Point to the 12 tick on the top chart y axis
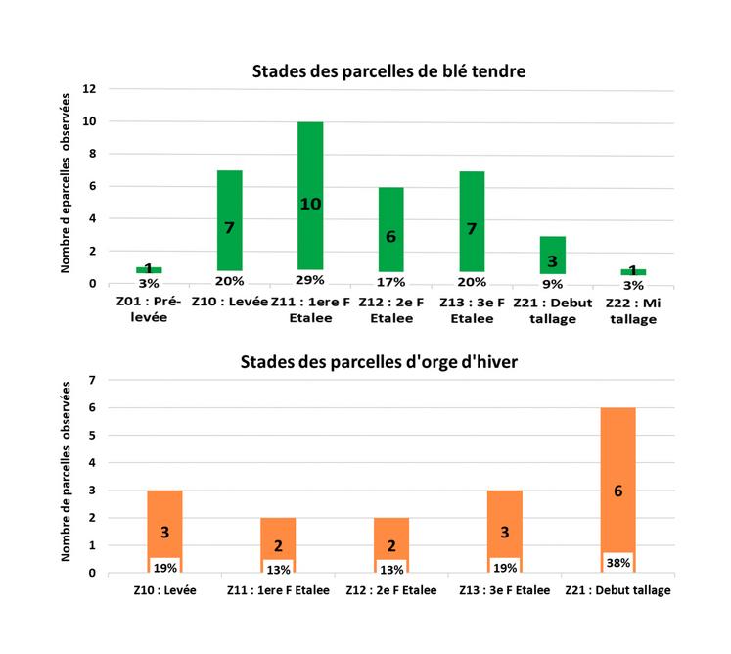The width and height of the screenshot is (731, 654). tap(89, 89)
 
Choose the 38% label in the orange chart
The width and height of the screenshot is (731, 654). tap(617, 563)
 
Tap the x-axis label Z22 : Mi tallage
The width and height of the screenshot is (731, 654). tap(633, 310)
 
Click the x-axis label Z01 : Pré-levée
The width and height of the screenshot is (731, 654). tap(149, 310)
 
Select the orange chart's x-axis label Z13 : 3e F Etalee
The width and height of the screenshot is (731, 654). tap(504, 590)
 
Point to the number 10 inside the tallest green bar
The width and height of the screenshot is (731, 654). tap(310, 204)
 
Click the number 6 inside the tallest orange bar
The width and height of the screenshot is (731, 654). tap(617, 490)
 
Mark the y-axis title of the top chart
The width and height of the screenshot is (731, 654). tap(67, 183)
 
